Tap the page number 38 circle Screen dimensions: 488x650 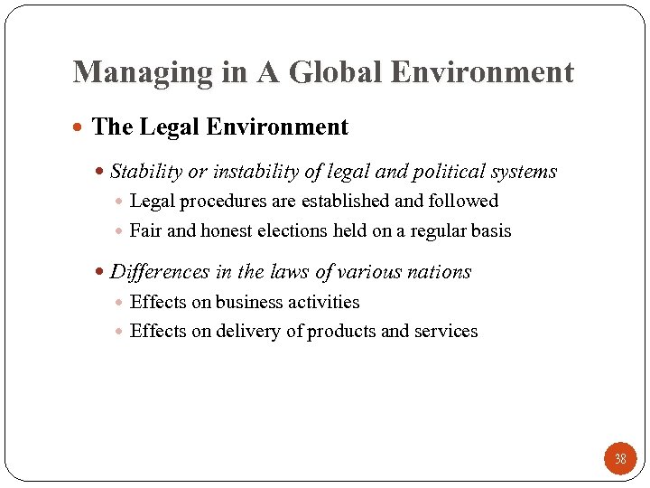point(620,459)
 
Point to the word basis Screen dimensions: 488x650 point(491,231)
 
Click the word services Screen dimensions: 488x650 point(446,332)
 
